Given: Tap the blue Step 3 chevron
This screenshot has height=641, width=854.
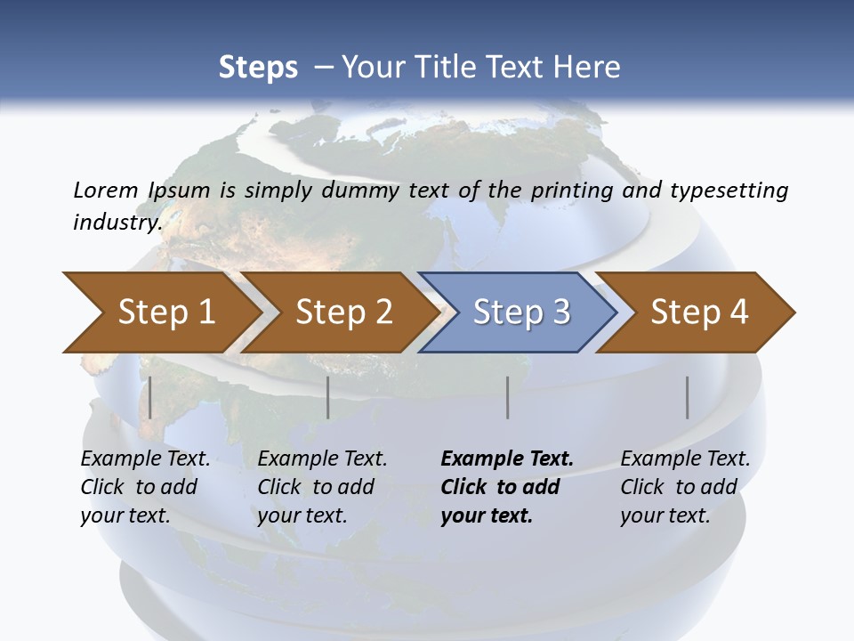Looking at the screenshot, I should coord(521,312).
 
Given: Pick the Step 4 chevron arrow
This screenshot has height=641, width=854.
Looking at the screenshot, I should coord(699,312).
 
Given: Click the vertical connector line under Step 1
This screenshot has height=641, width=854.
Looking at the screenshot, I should coord(150,397).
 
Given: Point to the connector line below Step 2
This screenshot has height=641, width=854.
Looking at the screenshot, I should coord(328,397).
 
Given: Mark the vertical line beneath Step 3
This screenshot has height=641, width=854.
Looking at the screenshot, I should coord(508,397).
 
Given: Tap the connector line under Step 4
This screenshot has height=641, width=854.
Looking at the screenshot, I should coord(688,397).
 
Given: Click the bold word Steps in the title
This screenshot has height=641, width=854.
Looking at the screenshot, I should coord(258,68).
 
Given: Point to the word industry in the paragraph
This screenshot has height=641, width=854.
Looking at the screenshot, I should coord(117,222).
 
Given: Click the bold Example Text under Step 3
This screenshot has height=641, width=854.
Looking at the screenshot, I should coord(507,459).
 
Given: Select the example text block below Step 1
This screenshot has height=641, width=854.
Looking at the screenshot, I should coord(145,487).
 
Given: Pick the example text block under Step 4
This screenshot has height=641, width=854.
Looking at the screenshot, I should coord(685,487).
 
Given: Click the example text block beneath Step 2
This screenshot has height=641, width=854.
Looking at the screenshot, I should coord(322,487).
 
